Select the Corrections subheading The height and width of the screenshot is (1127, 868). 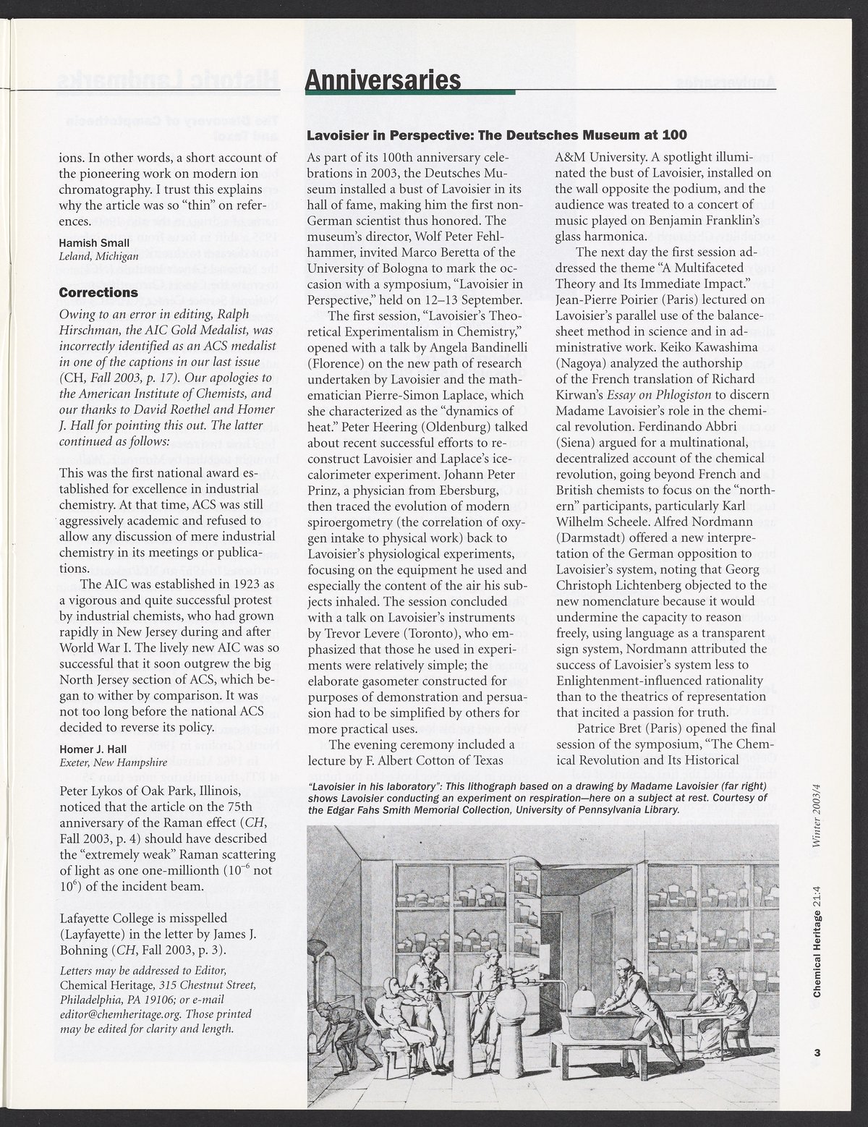coord(98,293)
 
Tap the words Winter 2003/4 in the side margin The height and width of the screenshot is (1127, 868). coord(817,819)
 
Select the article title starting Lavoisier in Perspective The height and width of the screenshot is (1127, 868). coord(496,135)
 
